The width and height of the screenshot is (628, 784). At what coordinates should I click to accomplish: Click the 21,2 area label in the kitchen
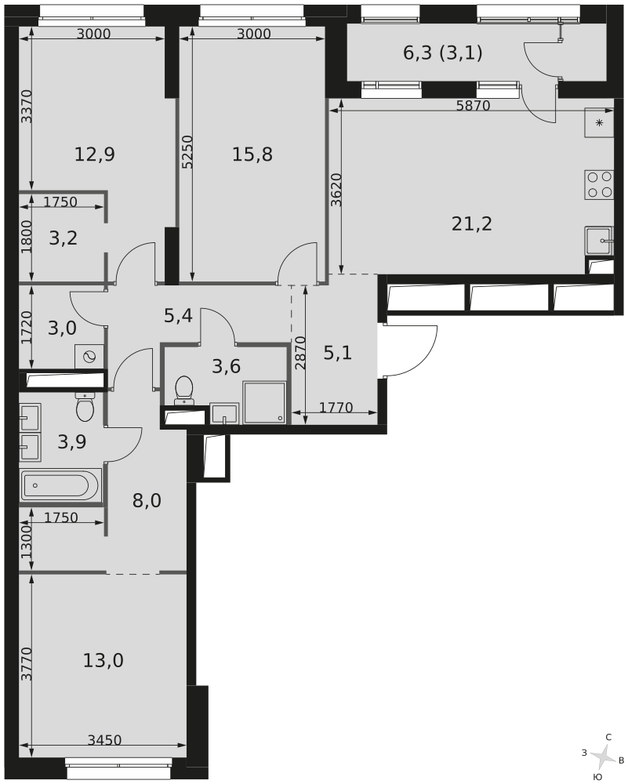coord(472,224)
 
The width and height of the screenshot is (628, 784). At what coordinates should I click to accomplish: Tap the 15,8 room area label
coord(252,154)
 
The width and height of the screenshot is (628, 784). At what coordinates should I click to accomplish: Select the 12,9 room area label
coord(95,154)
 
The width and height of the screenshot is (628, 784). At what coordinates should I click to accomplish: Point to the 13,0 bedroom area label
coord(103,661)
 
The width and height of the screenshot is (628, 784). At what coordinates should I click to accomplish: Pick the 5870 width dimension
coord(472,106)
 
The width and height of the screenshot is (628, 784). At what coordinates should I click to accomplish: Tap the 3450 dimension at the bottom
coord(104,739)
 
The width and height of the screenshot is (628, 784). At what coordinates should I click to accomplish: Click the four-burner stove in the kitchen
coord(599,184)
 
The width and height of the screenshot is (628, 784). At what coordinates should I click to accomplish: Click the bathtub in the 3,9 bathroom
coord(60,485)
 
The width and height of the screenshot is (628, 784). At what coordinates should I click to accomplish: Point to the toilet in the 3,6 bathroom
coord(183,390)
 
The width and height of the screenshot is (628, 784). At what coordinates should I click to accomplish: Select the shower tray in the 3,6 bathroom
coord(264,403)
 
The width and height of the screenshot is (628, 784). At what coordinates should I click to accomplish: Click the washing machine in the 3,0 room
coord(89,356)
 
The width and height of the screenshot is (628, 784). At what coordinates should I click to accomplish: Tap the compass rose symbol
coord(603,757)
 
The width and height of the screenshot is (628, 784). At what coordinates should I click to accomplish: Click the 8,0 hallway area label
coord(147,501)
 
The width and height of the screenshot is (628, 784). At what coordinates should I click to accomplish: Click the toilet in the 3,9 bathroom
coord(85,406)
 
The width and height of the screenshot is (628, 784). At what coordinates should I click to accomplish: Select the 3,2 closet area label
coord(63,238)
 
